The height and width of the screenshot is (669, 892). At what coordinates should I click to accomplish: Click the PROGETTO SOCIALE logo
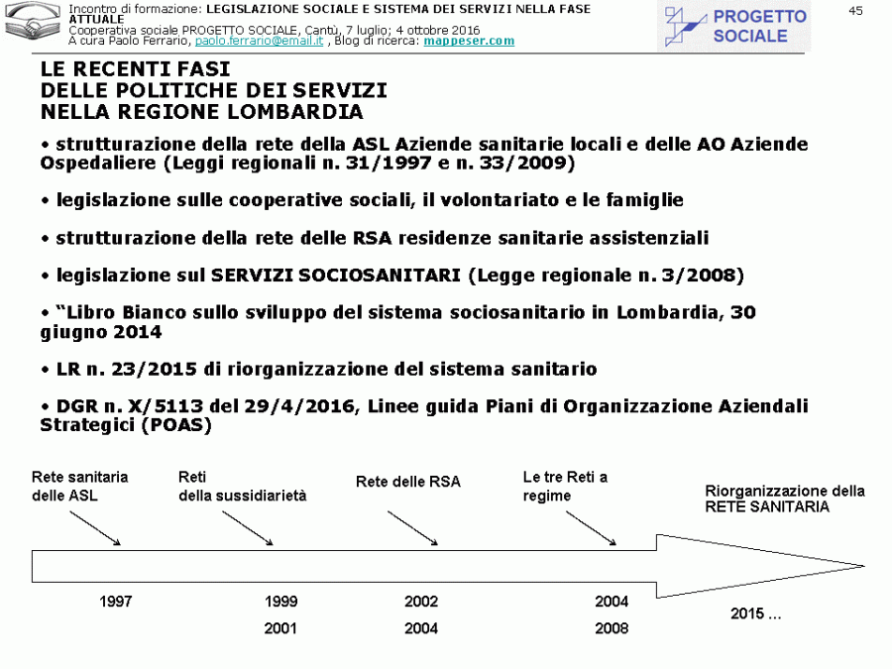click(736, 27)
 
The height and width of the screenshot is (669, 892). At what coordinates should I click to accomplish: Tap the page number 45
click(856, 10)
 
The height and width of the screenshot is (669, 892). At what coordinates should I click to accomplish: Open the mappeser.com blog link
click(469, 41)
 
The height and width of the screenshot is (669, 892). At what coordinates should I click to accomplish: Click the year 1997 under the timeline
click(116, 602)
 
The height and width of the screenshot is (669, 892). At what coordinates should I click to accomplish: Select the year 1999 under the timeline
click(281, 602)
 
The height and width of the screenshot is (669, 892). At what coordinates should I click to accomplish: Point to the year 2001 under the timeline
click(281, 628)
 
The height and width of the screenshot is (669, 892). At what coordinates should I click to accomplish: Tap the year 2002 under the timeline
click(421, 602)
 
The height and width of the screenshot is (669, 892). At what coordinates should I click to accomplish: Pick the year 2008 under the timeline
click(612, 628)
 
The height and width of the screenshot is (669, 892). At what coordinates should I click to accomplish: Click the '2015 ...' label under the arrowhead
click(756, 613)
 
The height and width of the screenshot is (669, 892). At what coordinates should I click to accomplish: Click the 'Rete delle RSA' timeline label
click(408, 482)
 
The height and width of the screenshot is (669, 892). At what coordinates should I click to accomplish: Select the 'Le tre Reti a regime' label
click(565, 486)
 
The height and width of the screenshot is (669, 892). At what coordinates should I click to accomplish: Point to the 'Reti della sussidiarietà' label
click(242, 486)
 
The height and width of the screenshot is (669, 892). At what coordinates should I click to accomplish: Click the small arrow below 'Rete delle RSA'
click(412, 527)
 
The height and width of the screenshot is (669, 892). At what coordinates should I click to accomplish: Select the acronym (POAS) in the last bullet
click(177, 424)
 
